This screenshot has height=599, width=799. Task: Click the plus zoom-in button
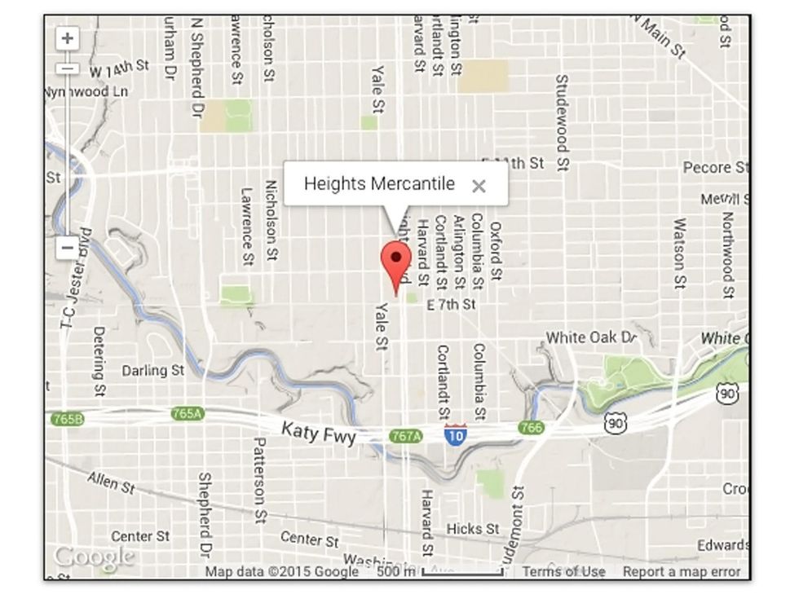click(x=68, y=38)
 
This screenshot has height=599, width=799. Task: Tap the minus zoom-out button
click(x=68, y=248)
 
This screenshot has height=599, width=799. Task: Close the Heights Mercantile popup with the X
click(x=479, y=186)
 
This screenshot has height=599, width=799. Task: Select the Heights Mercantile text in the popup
click(x=379, y=183)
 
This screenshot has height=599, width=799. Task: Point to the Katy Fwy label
click(x=319, y=432)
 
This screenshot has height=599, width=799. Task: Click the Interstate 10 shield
click(x=456, y=434)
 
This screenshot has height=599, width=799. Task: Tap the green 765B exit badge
click(x=67, y=419)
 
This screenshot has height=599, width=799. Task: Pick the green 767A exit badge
click(x=406, y=436)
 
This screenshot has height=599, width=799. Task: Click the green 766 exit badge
click(x=531, y=427)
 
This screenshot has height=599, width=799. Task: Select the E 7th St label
click(x=451, y=305)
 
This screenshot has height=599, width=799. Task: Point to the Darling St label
click(x=152, y=371)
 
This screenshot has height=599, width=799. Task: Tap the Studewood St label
click(x=562, y=122)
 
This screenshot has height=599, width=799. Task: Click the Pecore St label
click(x=716, y=168)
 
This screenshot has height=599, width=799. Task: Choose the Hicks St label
click(x=473, y=529)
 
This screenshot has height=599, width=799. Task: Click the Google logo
click(x=94, y=557)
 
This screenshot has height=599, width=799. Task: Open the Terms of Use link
click(x=563, y=571)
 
